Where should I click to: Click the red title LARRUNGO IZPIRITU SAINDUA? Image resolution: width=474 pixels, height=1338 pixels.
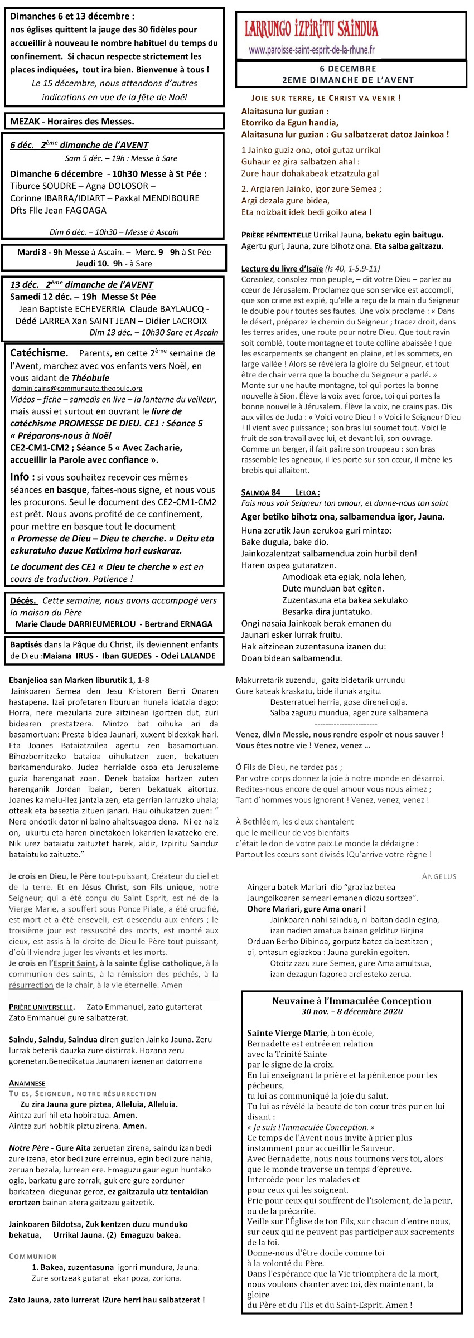[x=311, y=29]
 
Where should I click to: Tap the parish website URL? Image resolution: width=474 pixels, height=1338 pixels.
[x=312, y=50]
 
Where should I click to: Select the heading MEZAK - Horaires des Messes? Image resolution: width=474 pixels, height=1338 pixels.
[x=72, y=121]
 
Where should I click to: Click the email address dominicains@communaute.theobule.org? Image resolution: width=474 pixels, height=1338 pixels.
[x=77, y=388]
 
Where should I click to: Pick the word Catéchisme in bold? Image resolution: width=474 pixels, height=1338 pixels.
[x=39, y=353]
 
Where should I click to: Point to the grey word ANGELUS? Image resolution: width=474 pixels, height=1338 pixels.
[x=439, y=876]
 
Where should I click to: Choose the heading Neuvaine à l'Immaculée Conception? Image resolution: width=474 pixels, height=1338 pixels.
[x=351, y=1001]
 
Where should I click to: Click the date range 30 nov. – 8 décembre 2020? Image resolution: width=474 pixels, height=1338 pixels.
[x=351, y=1011]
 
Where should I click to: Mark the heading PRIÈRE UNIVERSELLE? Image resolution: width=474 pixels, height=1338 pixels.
[x=41, y=1007]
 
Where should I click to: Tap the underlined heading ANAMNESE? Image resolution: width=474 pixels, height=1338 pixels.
[x=27, y=1083]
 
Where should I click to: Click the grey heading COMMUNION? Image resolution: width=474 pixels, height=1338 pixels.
[x=33, y=1256]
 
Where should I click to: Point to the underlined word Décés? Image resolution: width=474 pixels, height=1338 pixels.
[x=23, y=600]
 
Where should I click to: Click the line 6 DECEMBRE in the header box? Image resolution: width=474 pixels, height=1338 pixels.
[x=348, y=69]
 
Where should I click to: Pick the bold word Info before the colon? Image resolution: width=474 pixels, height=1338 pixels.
[x=20, y=477]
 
